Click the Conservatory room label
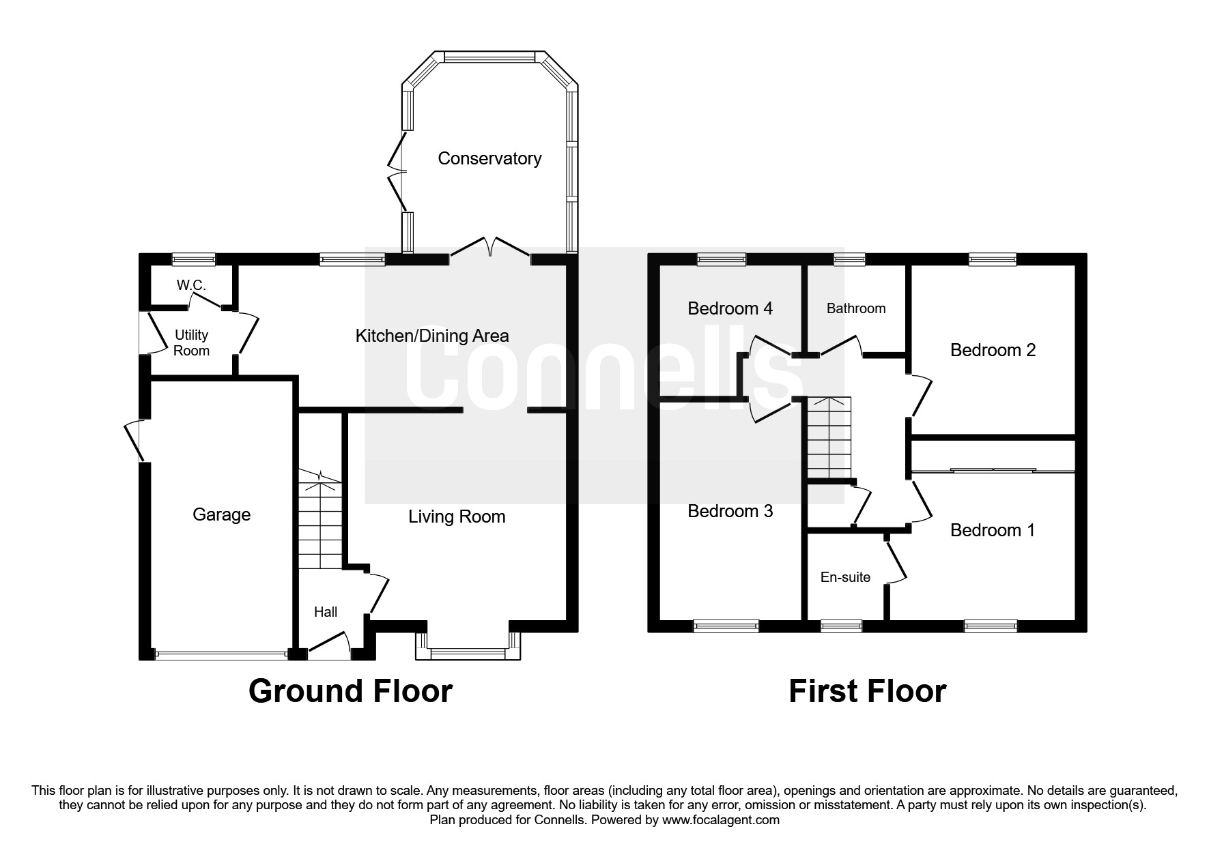click(x=489, y=158)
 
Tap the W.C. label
click(x=191, y=285)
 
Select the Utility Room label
click(x=191, y=342)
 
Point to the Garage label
click(x=221, y=514)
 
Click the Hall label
click(x=326, y=612)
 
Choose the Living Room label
click(x=457, y=516)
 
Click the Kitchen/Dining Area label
click(x=432, y=336)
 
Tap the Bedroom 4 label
click(x=730, y=308)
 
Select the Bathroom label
click(x=856, y=308)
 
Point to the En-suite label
click(x=845, y=577)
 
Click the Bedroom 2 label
click(x=993, y=350)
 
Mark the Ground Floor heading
click(x=350, y=690)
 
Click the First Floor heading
click(x=867, y=690)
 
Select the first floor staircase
click(x=829, y=438)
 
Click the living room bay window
click(x=468, y=647)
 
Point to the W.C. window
click(x=193, y=259)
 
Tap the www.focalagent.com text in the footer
click(x=720, y=820)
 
